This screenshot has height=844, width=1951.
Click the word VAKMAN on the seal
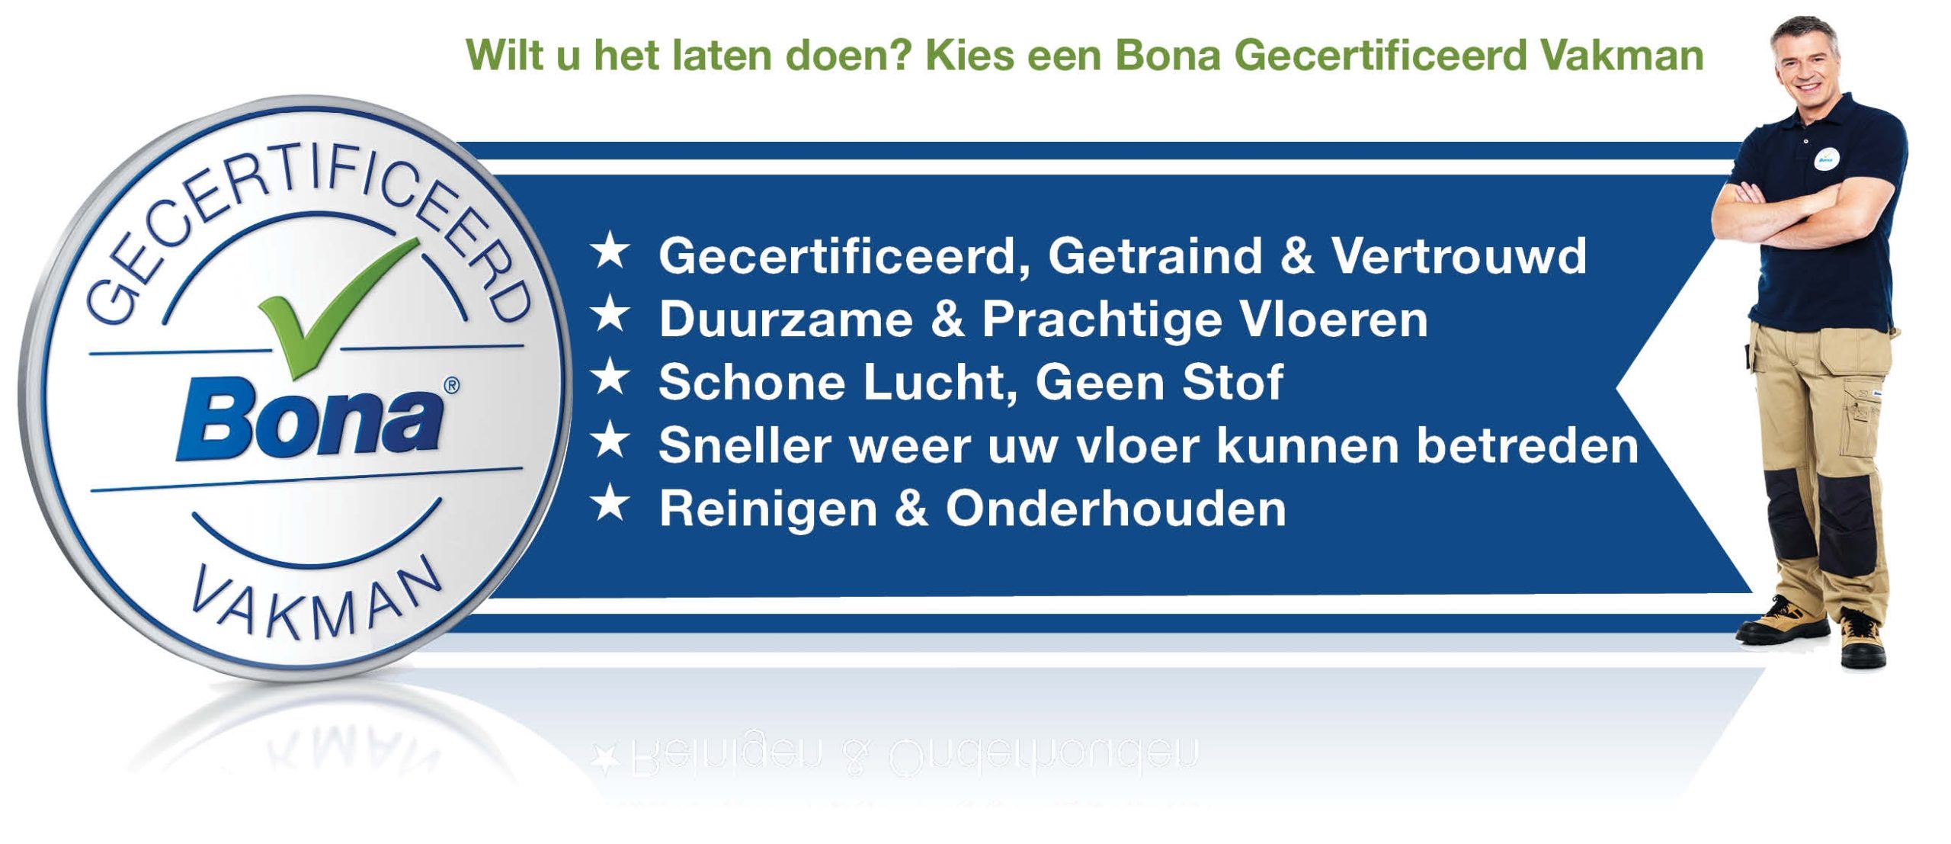pos(316,606)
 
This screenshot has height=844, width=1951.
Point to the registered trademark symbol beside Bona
pos(451,386)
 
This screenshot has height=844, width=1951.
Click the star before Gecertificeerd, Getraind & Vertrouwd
pos(610,252)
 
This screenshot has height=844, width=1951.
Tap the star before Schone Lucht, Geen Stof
pos(610,378)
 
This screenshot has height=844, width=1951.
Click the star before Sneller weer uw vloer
pos(610,441)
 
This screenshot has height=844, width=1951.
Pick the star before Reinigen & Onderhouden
pos(610,505)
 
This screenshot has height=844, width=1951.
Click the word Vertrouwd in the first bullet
pos(1459,255)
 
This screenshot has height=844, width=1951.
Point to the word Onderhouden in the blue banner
pos(1116,509)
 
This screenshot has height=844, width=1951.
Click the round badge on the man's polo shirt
pos(1827,158)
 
